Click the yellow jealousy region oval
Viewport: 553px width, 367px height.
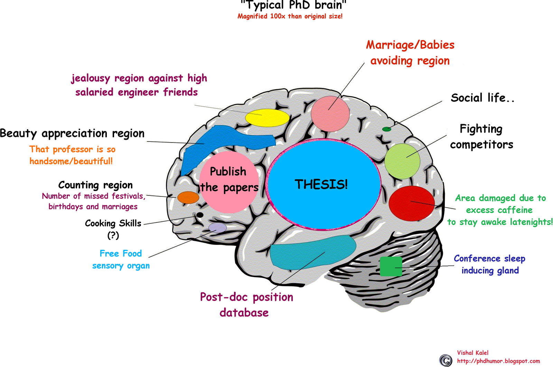267,118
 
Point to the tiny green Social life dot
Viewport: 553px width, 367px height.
386,129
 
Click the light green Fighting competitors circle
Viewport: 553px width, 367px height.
402,161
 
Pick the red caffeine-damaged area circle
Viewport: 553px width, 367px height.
411,203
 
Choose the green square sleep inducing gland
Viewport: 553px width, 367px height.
391,266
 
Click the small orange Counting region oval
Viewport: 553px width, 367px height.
188,198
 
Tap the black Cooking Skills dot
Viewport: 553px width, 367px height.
199,215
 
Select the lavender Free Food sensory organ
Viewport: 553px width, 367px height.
217,228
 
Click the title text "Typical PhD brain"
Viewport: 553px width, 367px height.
293,6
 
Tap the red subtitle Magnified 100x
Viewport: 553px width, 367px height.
290,16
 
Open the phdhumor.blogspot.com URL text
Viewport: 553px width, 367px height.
498,361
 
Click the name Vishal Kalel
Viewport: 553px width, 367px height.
472,353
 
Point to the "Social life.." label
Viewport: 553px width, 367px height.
482,98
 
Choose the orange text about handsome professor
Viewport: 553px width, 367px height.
72,155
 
